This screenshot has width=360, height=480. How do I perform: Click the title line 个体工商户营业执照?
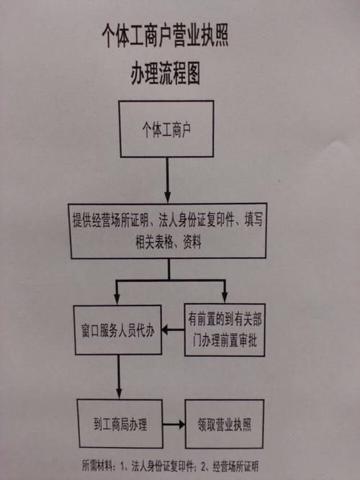(x=165, y=36)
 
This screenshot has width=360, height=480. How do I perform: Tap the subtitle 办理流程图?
(x=166, y=74)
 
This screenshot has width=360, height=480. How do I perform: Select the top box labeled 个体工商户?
(x=166, y=129)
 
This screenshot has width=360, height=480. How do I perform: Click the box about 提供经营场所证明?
(x=168, y=231)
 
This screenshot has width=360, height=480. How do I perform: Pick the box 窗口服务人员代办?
(x=117, y=330)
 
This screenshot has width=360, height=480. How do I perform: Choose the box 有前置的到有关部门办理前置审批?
(x=225, y=330)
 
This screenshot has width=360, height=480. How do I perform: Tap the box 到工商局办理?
(x=120, y=424)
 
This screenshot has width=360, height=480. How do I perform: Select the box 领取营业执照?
(x=225, y=425)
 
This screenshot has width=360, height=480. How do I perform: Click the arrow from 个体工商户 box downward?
(x=167, y=180)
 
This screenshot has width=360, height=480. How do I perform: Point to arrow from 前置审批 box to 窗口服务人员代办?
(x=173, y=330)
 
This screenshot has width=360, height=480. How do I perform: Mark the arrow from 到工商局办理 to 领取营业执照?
(x=174, y=425)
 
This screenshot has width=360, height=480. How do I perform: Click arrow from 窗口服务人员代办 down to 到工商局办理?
(x=119, y=377)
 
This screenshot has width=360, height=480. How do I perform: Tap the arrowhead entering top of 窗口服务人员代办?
(x=117, y=299)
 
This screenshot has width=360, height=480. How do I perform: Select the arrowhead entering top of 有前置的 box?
(x=225, y=297)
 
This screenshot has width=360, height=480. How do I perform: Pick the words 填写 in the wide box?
(x=253, y=219)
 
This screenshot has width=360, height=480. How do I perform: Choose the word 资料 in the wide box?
(x=192, y=243)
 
